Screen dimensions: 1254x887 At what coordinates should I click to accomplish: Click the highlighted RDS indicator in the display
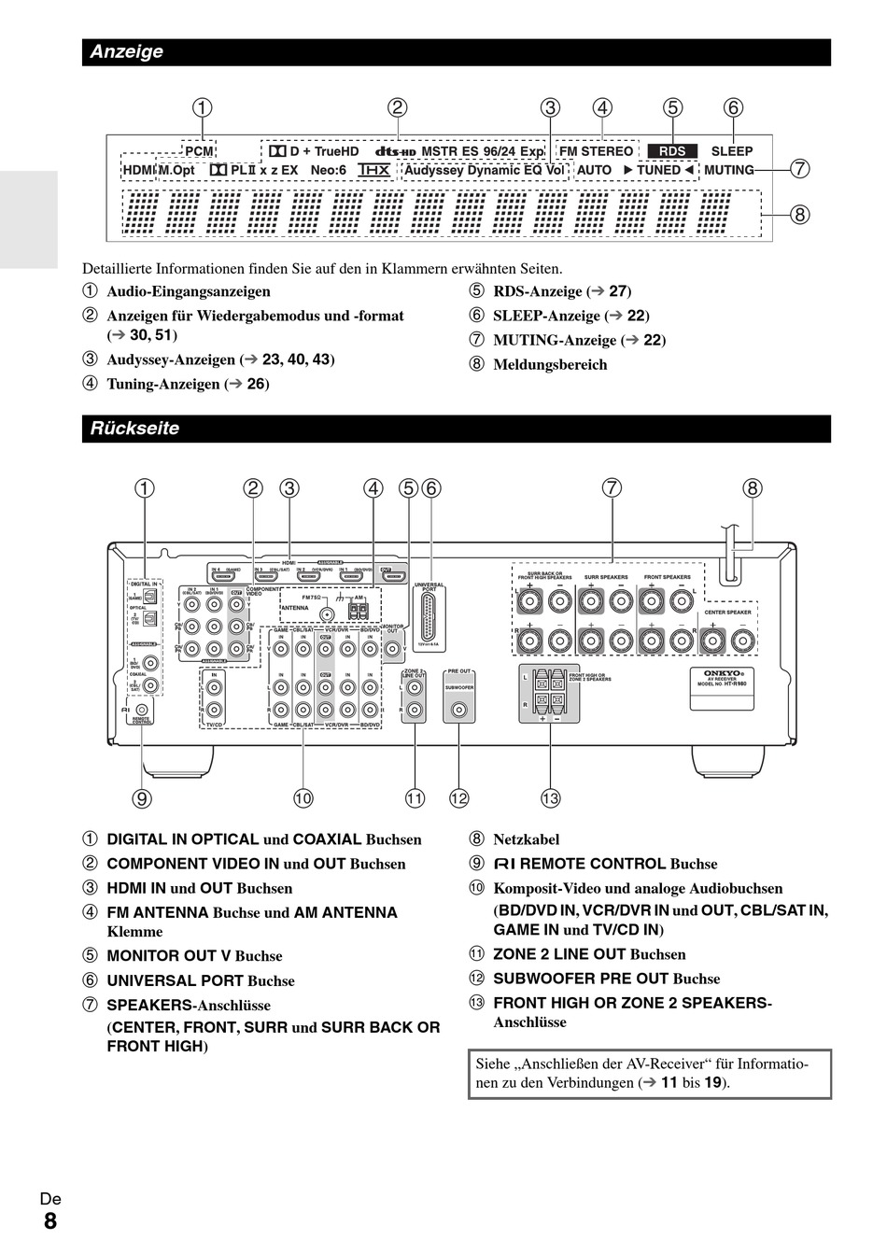pyautogui.click(x=671, y=151)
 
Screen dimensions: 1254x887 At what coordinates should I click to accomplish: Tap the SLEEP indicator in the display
pyautogui.click(x=731, y=151)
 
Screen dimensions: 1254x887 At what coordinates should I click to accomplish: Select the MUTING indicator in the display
pyautogui.click(x=728, y=170)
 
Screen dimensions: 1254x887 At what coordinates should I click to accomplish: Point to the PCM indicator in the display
pyautogui.click(x=198, y=151)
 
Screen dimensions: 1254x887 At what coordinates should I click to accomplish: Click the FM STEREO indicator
pyautogui.click(x=596, y=151)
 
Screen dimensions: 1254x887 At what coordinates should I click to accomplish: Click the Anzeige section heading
pyautogui.click(x=126, y=52)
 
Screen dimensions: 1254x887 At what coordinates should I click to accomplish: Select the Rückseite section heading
pyautogui.click(x=134, y=429)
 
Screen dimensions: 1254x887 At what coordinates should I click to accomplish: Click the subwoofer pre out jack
pyautogui.click(x=458, y=710)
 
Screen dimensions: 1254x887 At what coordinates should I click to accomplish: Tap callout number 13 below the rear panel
pyautogui.click(x=550, y=797)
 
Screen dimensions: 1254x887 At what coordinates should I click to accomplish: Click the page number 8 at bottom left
pyautogui.click(x=49, y=1221)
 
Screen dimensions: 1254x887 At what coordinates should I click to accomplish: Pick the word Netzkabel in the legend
pyautogui.click(x=527, y=839)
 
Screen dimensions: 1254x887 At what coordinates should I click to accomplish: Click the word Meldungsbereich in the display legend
pyautogui.click(x=550, y=364)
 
